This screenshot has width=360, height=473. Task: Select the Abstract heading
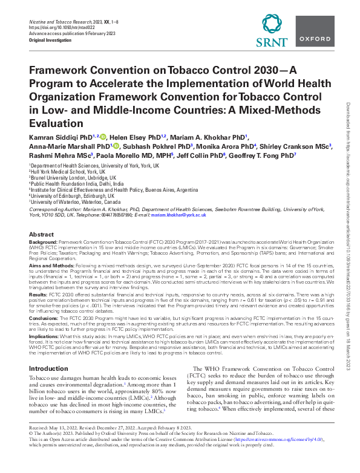pyautogui.click(x=41, y=234)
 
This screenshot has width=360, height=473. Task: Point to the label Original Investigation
pyautogui.click(x=51, y=40)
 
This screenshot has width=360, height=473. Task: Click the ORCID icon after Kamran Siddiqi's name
pyautogui.click(x=103, y=137)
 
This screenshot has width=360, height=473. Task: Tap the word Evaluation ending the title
pyautogui.click(x=53, y=123)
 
